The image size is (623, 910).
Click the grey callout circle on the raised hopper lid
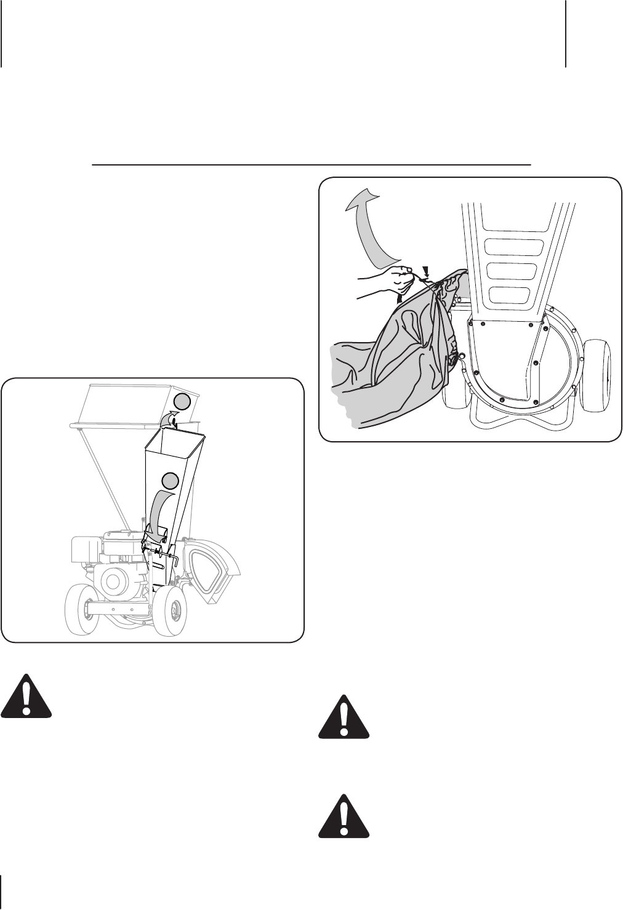(182, 402)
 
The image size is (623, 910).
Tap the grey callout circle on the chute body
(171, 480)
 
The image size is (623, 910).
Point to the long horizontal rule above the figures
(311, 165)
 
